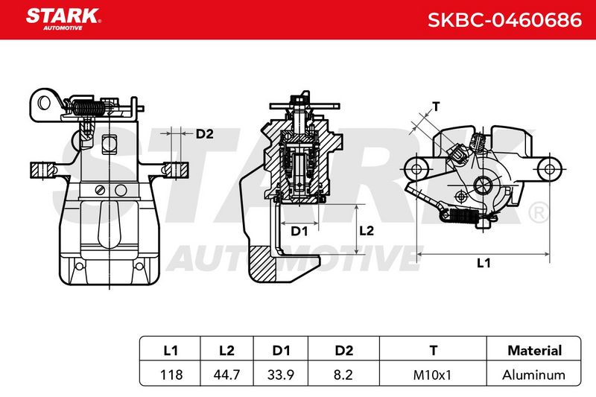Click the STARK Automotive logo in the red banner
63,19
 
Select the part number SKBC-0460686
505,20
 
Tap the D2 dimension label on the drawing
204,134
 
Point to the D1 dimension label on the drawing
299,231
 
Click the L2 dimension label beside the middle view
367,231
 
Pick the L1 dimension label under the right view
484,263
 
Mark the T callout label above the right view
436,107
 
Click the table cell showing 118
171,375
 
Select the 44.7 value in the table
226,375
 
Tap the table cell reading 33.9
281,375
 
